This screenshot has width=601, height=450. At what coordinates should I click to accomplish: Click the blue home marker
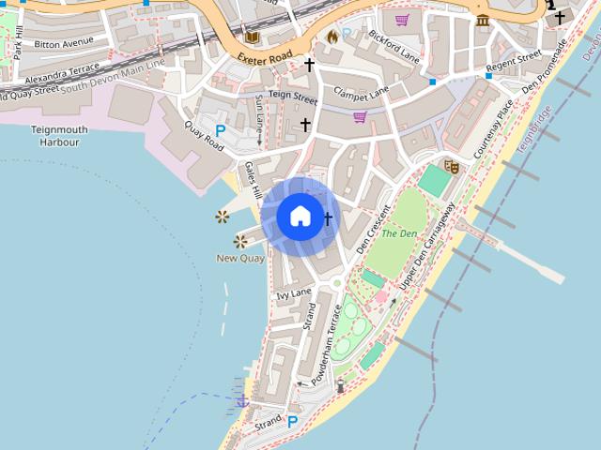pyautogui.click(x=300, y=217)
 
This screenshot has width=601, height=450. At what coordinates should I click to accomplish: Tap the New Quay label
pyautogui.click(x=240, y=258)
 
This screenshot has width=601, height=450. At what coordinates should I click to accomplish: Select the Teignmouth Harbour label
pyautogui.click(x=58, y=136)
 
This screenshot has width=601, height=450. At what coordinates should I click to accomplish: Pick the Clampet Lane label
pyautogui.click(x=361, y=94)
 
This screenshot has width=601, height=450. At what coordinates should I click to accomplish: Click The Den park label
pyautogui.click(x=399, y=232)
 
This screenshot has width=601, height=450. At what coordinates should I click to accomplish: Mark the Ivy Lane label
pyautogui.click(x=293, y=294)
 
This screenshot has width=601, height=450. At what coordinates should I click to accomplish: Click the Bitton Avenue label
pyautogui.click(x=64, y=43)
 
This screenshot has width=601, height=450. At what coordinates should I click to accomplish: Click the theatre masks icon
pyautogui.click(x=452, y=166)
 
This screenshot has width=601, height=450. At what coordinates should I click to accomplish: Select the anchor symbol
pyautogui.click(x=242, y=401)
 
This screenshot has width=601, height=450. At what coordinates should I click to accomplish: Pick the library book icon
pyautogui.click(x=252, y=37)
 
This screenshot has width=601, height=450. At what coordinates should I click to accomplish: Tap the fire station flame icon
pyautogui.click(x=331, y=36)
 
